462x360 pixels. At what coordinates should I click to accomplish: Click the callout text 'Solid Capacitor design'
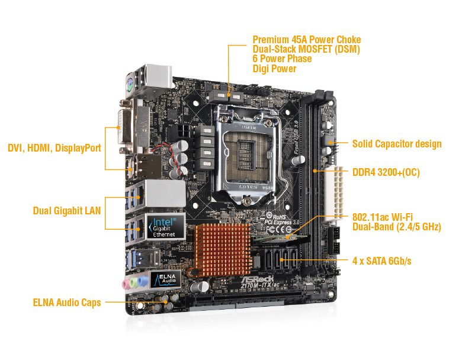[x=396, y=144]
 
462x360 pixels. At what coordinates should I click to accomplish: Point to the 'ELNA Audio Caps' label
[x=67, y=303]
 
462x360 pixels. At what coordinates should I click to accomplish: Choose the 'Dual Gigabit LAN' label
[x=66, y=210]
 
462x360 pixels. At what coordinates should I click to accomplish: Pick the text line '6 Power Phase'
[x=282, y=59]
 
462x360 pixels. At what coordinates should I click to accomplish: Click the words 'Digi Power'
[x=274, y=69]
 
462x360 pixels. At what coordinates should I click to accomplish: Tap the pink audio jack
[x=126, y=284]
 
